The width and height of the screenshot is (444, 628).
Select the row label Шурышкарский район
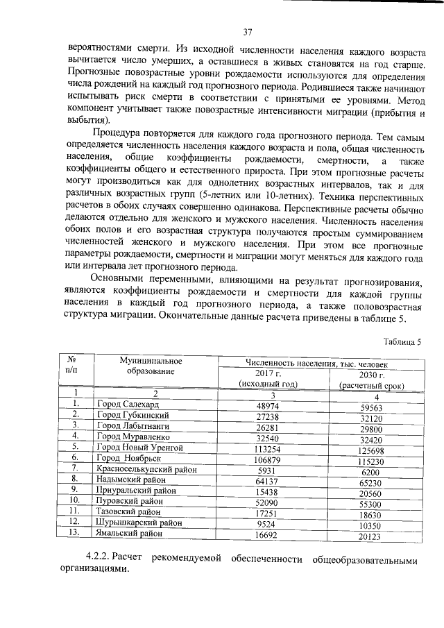point(139,522)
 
